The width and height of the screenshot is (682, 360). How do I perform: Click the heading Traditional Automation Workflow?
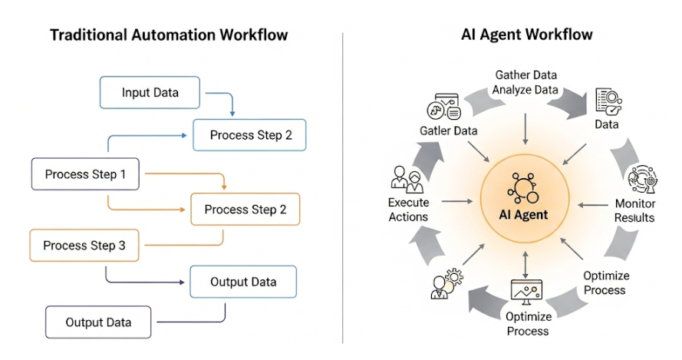click(x=169, y=35)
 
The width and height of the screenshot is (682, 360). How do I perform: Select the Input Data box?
click(x=150, y=93)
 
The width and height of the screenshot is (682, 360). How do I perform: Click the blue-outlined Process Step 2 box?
click(x=249, y=135)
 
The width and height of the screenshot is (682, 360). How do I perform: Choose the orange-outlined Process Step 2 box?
click(x=245, y=209)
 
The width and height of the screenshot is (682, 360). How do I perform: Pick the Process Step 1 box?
click(x=85, y=174)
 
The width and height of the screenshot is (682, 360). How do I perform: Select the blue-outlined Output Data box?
click(x=243, y=282)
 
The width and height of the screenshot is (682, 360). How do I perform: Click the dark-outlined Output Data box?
click(x=98, y=322)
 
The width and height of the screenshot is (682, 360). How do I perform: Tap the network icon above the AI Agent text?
click(x=525, y=187)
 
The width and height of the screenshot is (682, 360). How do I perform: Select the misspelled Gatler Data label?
click(x=449, y=130)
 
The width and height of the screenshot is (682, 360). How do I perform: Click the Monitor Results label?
click(x=634, y=210)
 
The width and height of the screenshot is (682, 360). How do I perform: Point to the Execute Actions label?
click(x=408, y=210)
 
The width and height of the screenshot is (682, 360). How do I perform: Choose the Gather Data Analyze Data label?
click(x=526, y=82)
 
